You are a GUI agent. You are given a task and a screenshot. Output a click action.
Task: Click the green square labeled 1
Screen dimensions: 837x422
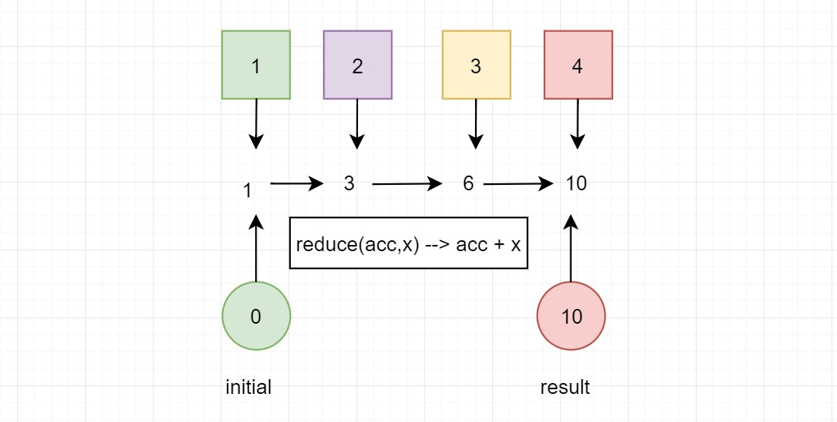pyautogui.click(x=256, y=65)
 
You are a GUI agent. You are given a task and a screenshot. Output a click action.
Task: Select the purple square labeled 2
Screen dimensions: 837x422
pyautogui.click(x=357, y=65)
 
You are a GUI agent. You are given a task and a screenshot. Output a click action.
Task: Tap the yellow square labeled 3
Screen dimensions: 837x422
pyautogui.click(x=477, y=65)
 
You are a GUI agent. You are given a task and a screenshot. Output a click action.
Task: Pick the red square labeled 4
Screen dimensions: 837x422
pyautogui.click(x=578, y=65)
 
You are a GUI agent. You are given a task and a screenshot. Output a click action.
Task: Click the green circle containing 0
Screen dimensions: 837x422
pyautogui.click(x=256, y=316)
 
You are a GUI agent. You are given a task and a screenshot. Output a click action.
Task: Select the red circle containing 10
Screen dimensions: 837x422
pyautogui.click(x=571, y=316)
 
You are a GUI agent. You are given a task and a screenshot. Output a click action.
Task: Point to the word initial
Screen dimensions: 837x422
pyautogui.click(x=249, y=387)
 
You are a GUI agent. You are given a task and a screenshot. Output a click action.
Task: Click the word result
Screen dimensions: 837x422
pyautogui.click(x=565, y=388)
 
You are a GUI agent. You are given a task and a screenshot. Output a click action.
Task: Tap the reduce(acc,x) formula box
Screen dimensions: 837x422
pyautogui.click(x=408, y=243)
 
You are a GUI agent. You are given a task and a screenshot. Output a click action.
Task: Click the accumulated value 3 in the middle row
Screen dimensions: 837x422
pyautogui.click(x=349, y=183)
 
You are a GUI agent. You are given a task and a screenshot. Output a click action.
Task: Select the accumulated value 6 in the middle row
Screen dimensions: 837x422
pyautogui.click(x=468, y=183)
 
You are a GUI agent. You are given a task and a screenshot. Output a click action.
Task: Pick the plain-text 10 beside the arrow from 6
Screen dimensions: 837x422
pyautogui.click(x=576, y=183)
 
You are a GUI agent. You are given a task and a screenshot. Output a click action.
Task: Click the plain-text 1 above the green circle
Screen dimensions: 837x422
pyautogui.click(x=247, y=190)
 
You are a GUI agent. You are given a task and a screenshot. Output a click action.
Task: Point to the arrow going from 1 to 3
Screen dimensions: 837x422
pyautogui.click(x=296, y=183)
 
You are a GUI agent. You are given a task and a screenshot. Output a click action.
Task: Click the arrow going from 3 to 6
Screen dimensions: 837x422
pyautogui.click(x=407, y=184)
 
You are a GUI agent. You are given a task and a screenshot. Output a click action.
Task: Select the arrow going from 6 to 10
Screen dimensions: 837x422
pyautogui.click(x=518, y=184)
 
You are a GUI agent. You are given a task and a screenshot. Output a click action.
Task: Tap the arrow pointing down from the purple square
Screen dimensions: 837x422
pyautogui.click(x=357, y=124)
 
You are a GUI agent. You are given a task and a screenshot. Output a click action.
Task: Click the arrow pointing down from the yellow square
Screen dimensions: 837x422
pyautogui.click(x=476, y=124)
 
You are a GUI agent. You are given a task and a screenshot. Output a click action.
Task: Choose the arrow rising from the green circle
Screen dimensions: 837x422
pyautogui.click(x=256, y=248)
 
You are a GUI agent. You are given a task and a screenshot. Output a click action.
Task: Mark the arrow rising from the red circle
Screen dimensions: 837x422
pyautogui.click(x=571, y=248)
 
